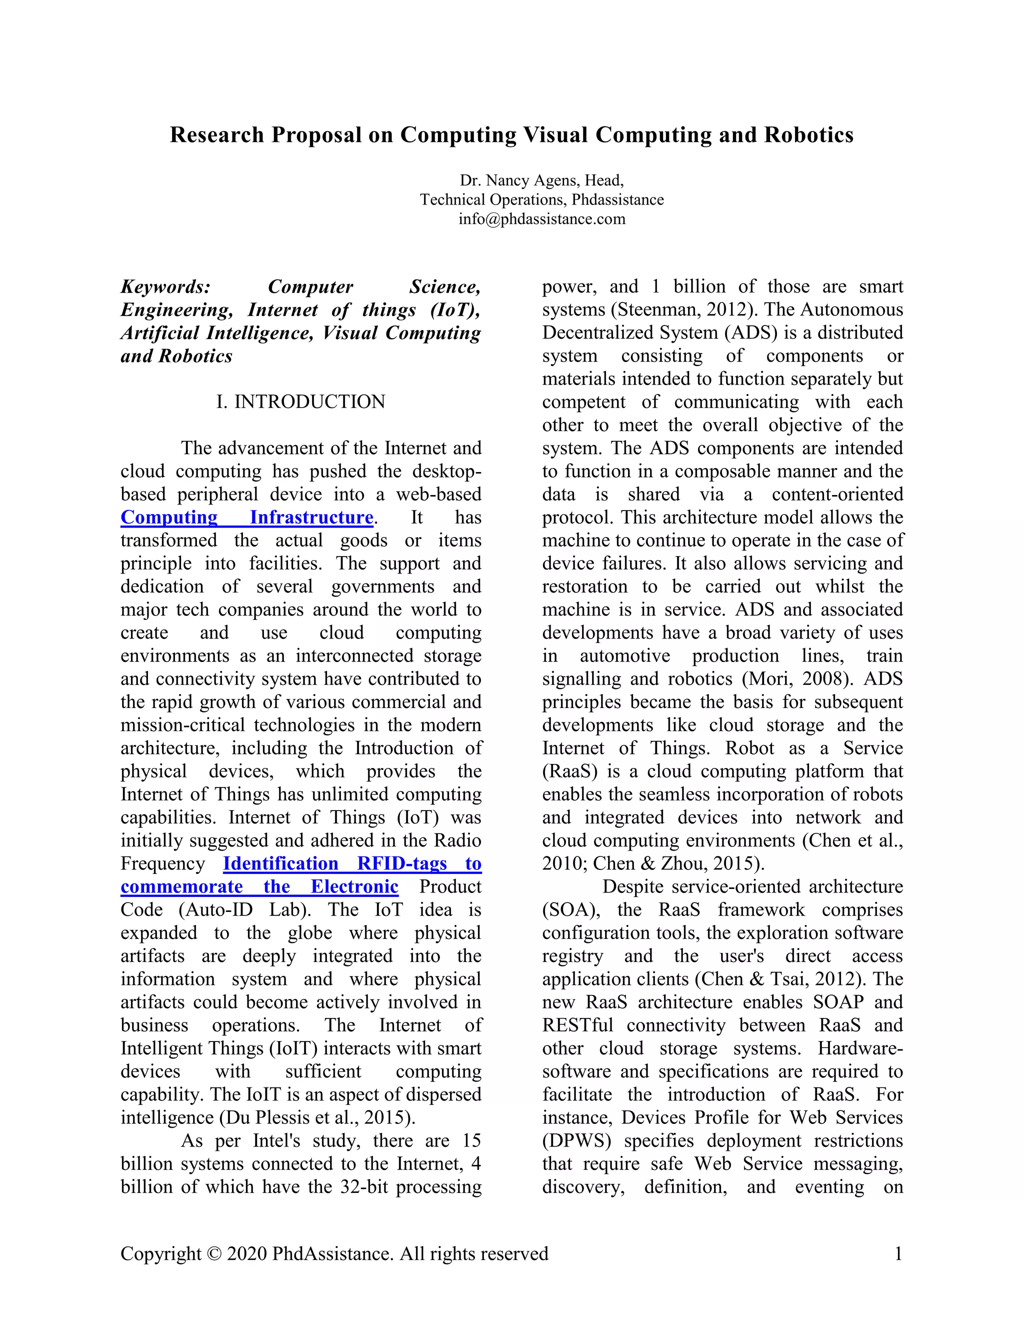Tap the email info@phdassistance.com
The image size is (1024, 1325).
coord(541,219)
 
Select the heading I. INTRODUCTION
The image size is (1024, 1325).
coord(301,401)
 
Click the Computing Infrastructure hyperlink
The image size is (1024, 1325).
coord(247,517)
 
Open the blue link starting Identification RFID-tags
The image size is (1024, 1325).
coord(352,863)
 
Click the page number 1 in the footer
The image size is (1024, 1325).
coord(898,1253)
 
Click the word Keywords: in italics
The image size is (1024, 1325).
coord(165,286)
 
